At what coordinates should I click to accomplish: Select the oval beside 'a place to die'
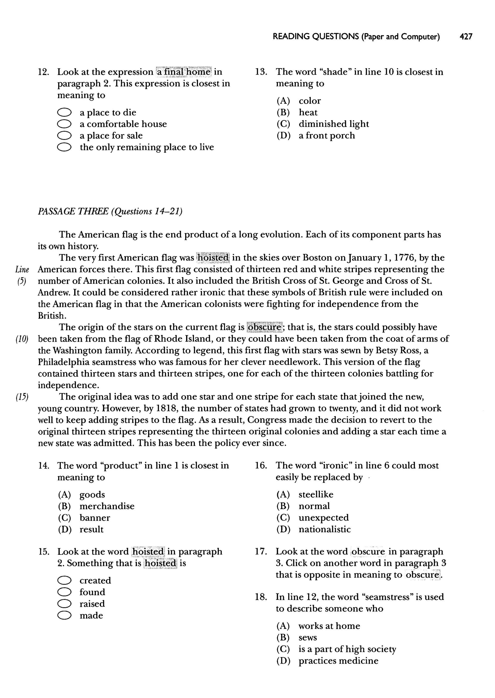[x=64, y=112]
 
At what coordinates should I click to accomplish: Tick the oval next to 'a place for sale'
[x=64, y=136]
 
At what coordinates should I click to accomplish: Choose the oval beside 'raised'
[x=64, y=604]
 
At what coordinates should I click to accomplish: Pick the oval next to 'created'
[x=64, y=581]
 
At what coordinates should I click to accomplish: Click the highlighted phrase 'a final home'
[x=184, y=72]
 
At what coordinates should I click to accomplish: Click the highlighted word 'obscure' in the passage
[x=264, y=327]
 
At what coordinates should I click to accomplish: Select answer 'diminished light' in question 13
[x=334, y=124]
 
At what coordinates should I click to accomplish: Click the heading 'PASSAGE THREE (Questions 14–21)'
[x=110, y=211]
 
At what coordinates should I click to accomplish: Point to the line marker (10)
[x=22, y=339]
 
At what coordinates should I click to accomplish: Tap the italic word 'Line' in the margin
[x=22, y=270]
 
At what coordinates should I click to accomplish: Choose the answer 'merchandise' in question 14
[x=107, y=506]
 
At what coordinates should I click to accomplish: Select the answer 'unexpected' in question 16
[x=323, y=518]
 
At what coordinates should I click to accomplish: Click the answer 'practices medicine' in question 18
[x=338, y=661]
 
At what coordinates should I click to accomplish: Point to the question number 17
[x=261, y=552]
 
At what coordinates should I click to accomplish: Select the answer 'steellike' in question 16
[x=316, y=495]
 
